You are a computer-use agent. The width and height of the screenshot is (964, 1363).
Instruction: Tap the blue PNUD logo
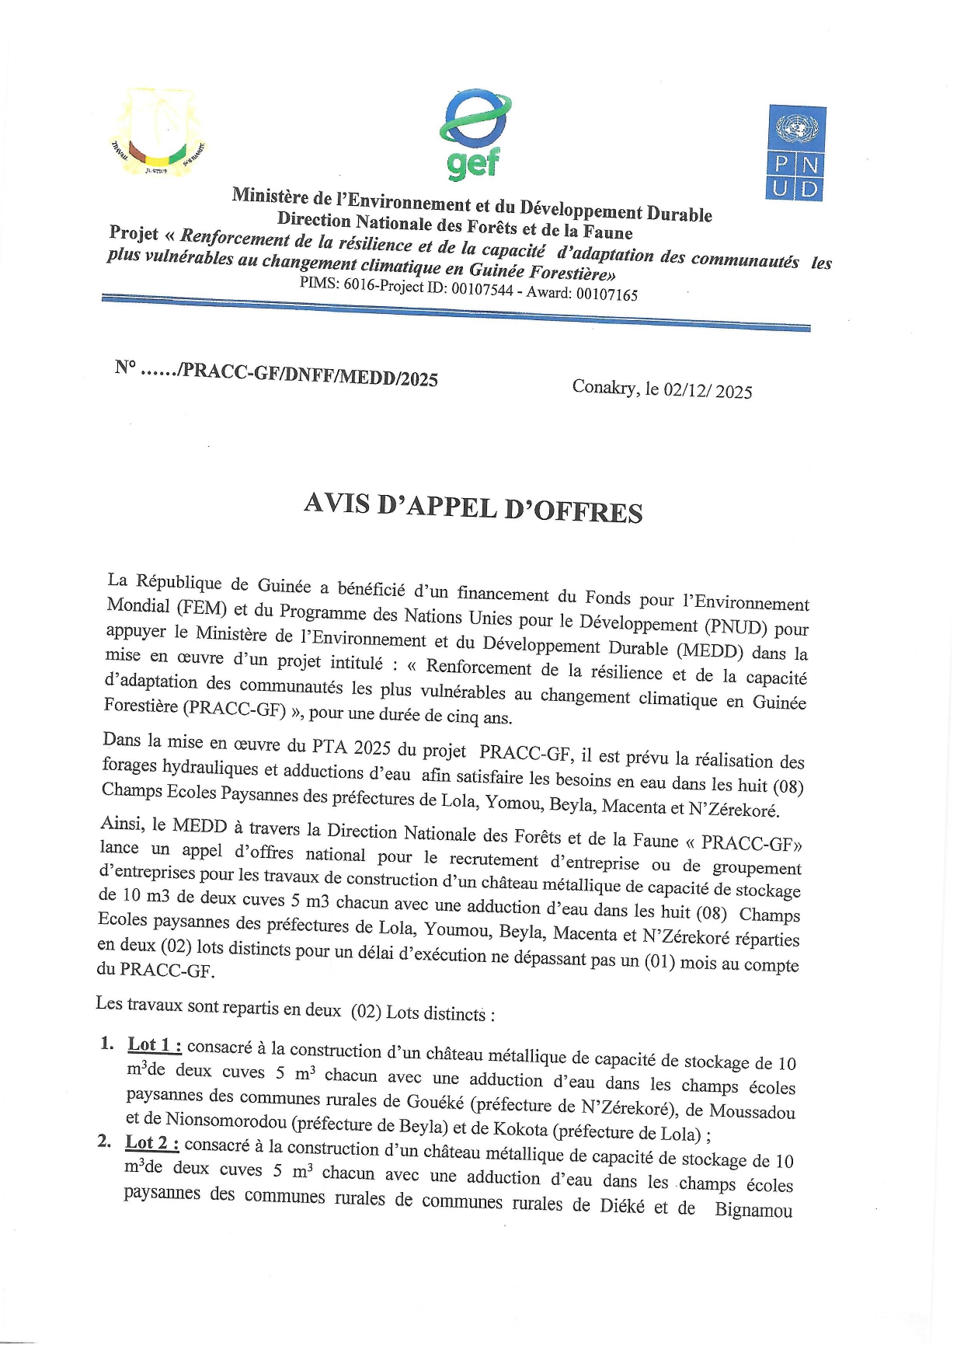[x=796, y=153]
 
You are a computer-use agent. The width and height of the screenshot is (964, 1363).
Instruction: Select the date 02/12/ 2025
[x=708, y=390]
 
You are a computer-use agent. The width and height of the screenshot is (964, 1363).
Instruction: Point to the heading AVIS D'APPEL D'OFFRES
[x=473, y=508]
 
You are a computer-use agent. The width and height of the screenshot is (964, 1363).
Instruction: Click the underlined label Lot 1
[x=155, y=1045]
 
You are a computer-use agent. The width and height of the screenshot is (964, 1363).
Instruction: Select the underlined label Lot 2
[x=152, y=1143]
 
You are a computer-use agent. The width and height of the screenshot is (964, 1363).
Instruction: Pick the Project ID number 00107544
[x=482, y=289]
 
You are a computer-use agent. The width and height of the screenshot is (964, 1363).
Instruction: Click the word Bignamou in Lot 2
[x=753, y=1210]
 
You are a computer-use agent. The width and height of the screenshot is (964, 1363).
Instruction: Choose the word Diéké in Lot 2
[x=621, y=1206]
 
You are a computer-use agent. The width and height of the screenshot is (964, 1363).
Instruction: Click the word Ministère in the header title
[x=270, y=194]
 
